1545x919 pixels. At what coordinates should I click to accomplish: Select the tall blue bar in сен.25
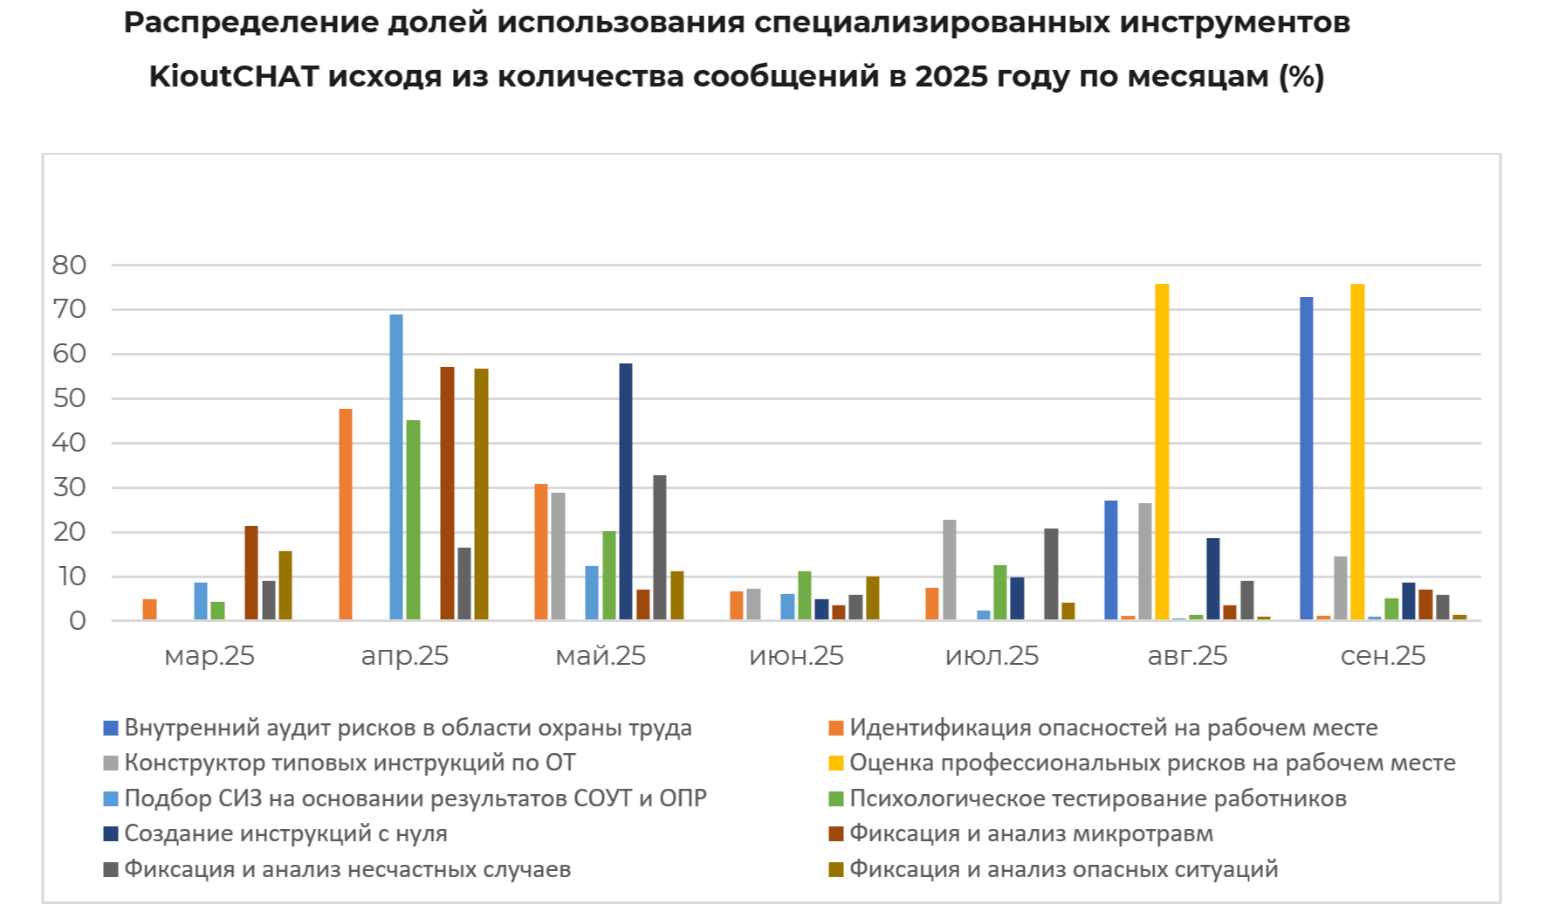pos(1306,459)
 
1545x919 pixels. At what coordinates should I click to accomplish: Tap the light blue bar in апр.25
pos(396,467)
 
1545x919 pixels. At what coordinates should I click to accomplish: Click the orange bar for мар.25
pos(150,610)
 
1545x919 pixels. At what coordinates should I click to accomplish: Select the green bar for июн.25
pos(805,596)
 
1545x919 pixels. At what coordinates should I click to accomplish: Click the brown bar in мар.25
pos(251,573)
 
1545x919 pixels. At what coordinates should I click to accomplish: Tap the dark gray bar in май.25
pos(660,548)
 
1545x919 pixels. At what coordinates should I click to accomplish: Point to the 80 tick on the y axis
pos(70,265)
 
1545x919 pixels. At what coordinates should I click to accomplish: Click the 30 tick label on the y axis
pos(70,487)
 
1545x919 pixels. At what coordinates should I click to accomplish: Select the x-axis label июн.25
pos(796,656)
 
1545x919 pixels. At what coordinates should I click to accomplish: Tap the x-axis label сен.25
pos(1383,656)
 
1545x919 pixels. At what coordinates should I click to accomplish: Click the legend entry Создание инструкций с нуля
pos(285,833)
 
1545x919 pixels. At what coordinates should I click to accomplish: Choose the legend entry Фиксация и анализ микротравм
pos(1031,833)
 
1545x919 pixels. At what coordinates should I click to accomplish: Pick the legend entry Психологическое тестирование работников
pos(1097,798)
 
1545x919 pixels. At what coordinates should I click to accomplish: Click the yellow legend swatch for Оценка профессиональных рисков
pos(836,764)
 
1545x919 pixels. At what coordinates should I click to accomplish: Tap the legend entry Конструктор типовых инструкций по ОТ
pos(349,763)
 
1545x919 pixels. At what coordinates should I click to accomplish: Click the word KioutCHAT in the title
pos(233,77)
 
